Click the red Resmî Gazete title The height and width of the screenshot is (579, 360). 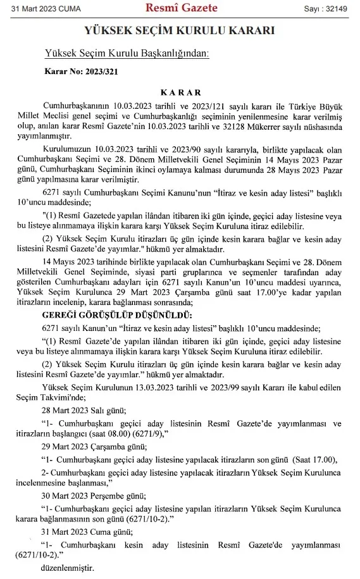pyautogui.click(x=182, y=8)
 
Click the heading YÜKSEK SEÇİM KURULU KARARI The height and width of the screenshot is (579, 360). pyautogui.click(x=180, y=30)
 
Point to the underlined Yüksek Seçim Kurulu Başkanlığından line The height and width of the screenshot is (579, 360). pyautogui.click(x=127, y=54)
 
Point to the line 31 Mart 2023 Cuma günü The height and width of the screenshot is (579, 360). pyautogui.click(x=85, y=532)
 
